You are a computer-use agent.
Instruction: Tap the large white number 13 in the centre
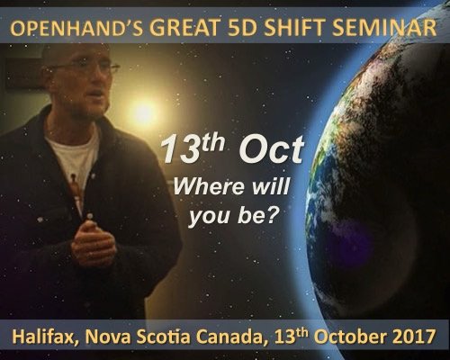(178, 149)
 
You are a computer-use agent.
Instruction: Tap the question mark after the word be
(270, 214)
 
